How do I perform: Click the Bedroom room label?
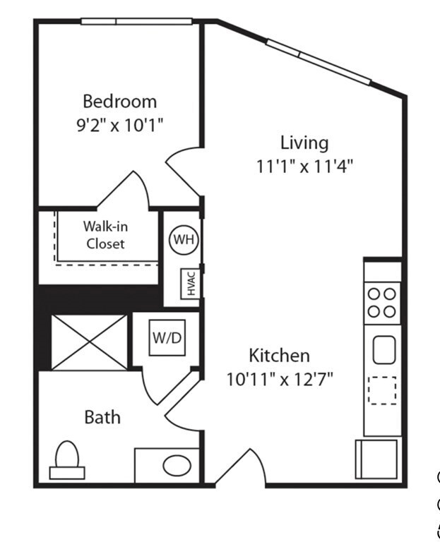click(119, 102)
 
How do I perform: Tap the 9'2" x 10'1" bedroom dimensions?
click(119, 125)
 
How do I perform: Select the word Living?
click(304, 143)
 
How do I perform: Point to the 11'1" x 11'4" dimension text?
click(304, 167)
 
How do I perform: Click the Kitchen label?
click(279, 356)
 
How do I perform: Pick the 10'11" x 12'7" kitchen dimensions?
click(280, 379)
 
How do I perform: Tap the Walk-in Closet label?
click(105, 235)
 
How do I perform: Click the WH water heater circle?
click(184, 239)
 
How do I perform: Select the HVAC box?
click(190, 284)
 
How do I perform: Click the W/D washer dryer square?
click(167, 338)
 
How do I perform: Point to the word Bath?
click(102, 417)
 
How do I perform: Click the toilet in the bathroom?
click(67, 460)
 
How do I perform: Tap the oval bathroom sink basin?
click(177, 465)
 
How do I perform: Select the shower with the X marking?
click(90, 342)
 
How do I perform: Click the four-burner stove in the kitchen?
click(382, 303)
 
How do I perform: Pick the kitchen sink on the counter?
click(384, 349)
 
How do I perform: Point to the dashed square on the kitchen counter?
click(382, 390)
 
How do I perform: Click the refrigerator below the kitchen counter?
click(376, 459)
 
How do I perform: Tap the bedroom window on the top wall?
click(136, 21)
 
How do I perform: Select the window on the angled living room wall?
click(319, 61)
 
